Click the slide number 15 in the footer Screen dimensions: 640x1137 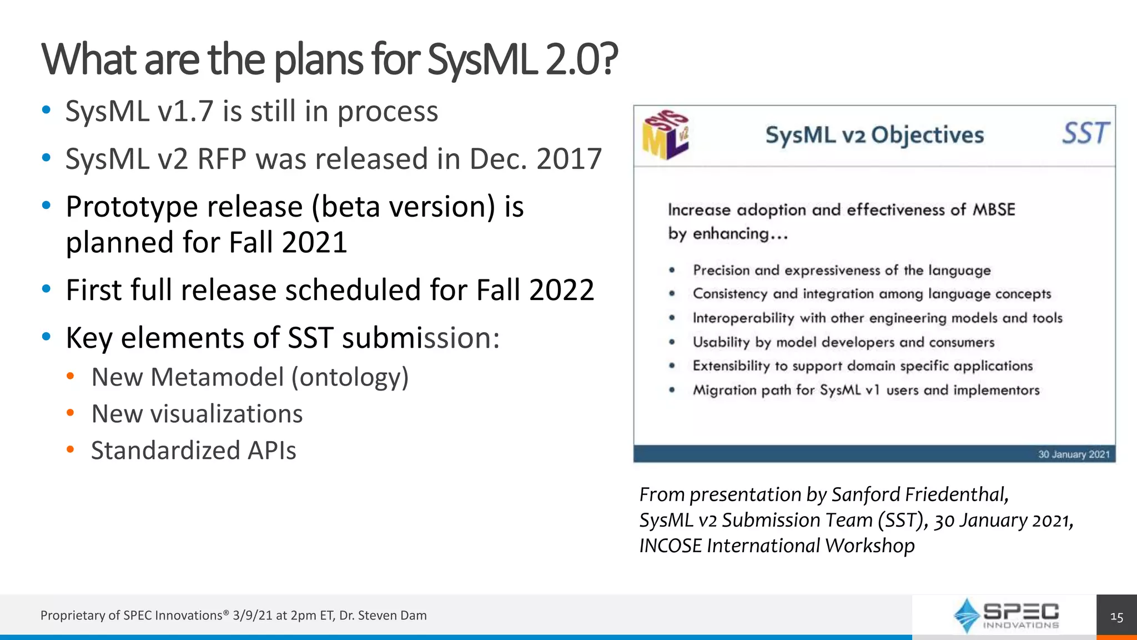coord(1116,617)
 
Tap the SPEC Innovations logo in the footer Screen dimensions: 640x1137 coord(1006,616)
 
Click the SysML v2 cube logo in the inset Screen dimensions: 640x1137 coord(665,135)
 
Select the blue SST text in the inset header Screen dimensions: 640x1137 coord(1085,134)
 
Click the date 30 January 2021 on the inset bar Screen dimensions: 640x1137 coord(1073,454)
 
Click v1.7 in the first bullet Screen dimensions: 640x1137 coord(185,111)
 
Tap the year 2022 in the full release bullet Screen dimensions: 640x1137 coord(561,290)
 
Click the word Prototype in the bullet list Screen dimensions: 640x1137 coord(132,207)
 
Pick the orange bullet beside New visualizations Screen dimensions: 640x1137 coord(70,413)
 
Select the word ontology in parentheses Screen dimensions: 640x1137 coord(350,378)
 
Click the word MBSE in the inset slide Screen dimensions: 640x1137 coord(994,210)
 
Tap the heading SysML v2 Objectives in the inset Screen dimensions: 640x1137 coord(874,135)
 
